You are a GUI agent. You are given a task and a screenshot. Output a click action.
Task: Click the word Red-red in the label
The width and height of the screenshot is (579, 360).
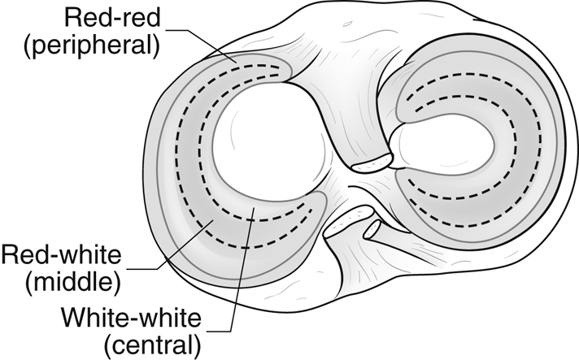(112, 17)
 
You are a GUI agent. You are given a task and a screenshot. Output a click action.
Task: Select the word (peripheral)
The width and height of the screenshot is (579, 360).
(93, 45)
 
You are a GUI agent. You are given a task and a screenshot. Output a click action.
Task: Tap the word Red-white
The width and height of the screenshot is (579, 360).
(61, 254)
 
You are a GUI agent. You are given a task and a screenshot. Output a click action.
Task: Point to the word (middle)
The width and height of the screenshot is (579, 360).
(73, 282)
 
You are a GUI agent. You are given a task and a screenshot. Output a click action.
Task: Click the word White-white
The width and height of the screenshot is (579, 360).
(131, 317)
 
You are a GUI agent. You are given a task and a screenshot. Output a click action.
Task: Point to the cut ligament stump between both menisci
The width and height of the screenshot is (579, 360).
(372, 163)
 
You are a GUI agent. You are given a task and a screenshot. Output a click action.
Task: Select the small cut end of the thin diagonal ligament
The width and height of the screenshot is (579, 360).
(372, 229)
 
